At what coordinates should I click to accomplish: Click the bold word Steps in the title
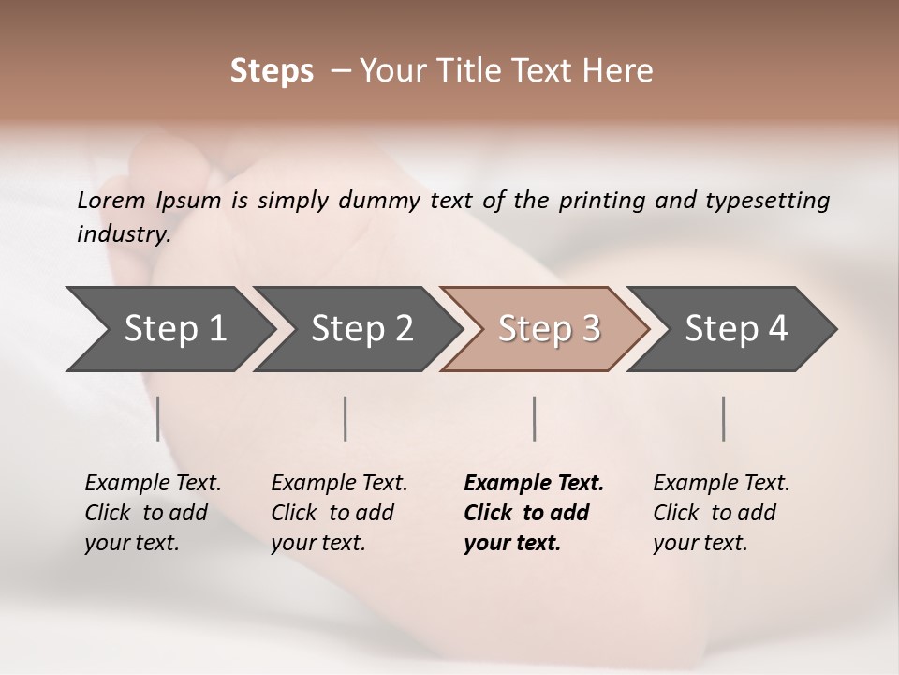[272, 71]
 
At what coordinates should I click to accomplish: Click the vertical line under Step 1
[158, 418]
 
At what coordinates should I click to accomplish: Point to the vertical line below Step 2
[346, 418]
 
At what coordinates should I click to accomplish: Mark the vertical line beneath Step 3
[535, 418]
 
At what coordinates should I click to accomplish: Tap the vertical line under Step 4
[724, 418]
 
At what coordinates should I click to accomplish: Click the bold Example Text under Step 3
[534, 483]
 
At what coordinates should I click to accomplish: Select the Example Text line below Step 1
[153, 483]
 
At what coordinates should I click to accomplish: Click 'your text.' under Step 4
[700, 543]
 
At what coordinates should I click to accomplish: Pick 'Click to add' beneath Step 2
[332, 513]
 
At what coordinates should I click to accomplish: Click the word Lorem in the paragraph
[111, 200]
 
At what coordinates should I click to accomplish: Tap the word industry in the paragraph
[124, 233]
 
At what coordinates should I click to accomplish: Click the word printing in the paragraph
[600, 200]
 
